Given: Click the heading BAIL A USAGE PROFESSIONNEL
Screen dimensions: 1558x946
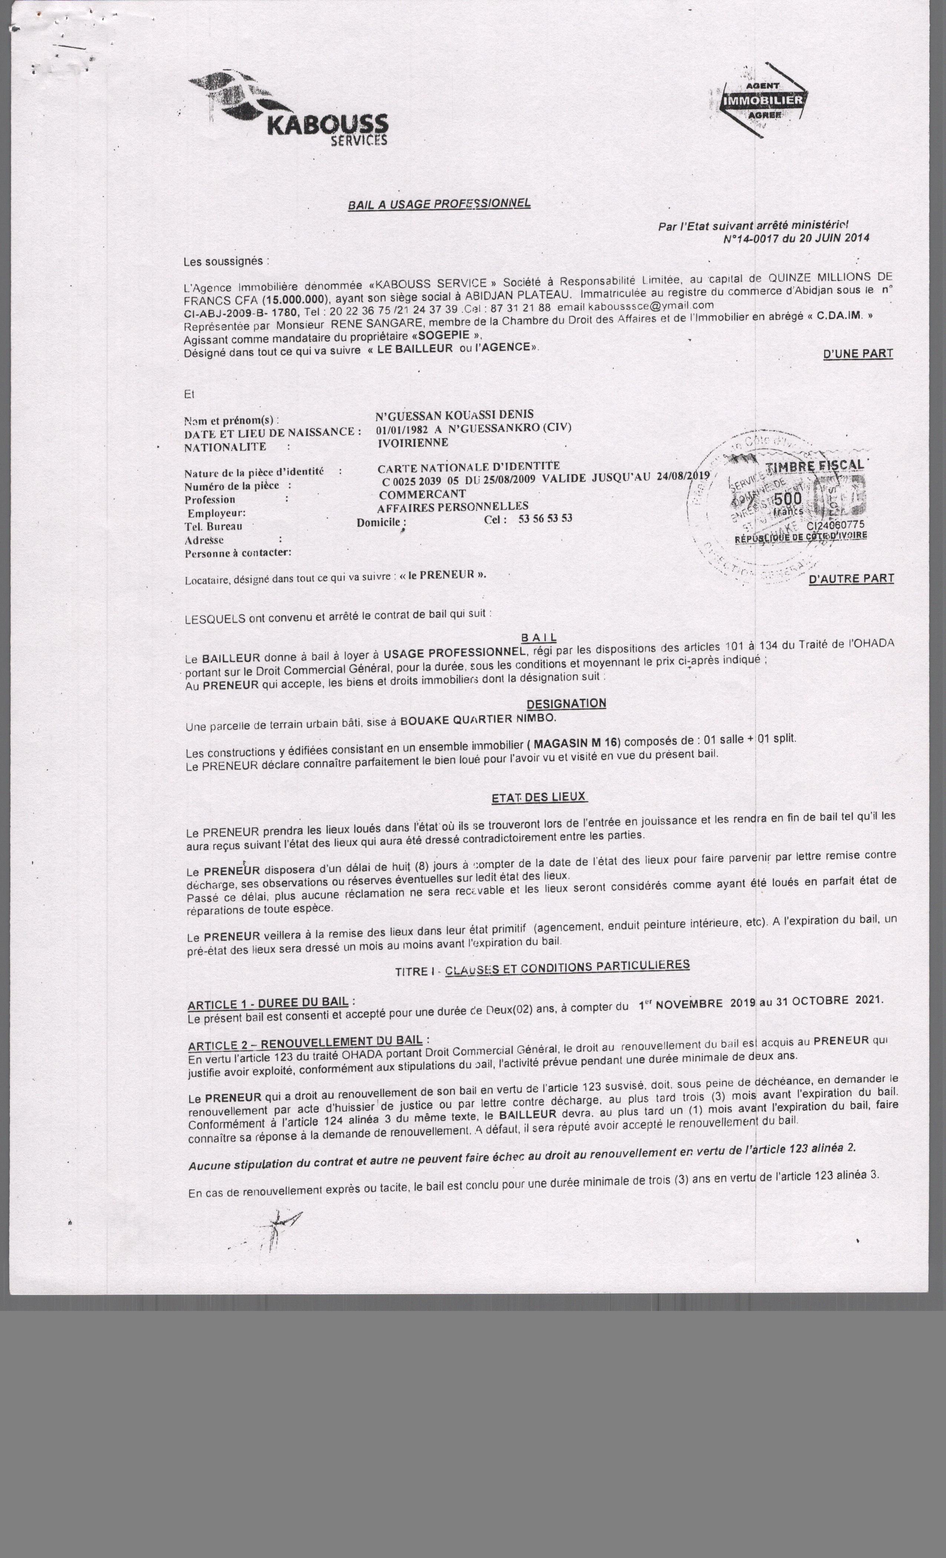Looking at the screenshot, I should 439,204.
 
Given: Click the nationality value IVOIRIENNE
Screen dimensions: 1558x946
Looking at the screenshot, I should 413,443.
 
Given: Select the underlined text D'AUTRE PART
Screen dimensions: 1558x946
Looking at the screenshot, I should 851,578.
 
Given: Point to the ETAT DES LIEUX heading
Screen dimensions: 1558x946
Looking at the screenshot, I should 539,797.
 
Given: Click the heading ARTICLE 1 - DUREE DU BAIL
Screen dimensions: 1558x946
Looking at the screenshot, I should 268,1003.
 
